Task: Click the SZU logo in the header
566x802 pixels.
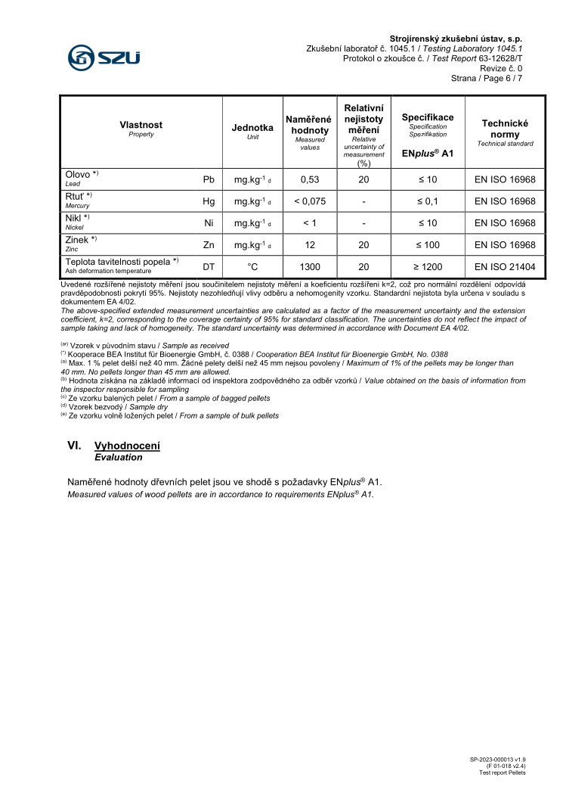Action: (x=104, y=56)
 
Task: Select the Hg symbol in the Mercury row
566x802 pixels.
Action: (x=209, y=201)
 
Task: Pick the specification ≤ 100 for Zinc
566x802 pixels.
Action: (x=427, y=245)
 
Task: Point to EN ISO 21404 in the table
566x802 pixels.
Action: (x=505, y=266)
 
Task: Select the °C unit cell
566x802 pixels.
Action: (x=252, y=266)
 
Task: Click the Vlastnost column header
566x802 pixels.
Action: (x=141, y=125)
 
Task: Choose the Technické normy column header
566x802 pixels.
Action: (x=505, y=129)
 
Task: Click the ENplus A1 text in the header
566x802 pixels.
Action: (x=427, y=153)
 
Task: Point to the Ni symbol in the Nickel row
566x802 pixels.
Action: (x=209, y=223)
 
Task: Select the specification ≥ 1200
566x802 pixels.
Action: (x=427, y=266)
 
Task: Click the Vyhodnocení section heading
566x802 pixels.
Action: (x=127, y=446)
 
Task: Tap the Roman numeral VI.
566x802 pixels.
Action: (x=75, y=446)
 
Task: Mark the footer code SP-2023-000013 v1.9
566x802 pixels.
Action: (x=497, y=759)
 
